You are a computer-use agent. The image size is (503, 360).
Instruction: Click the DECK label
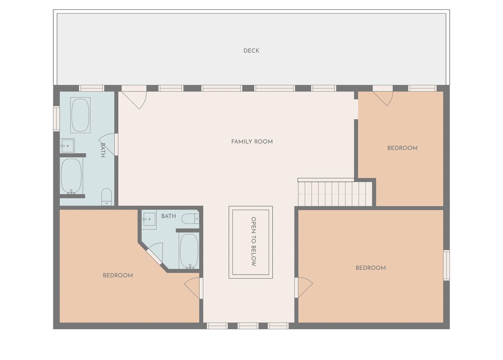point(251,51)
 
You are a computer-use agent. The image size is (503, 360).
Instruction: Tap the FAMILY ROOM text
point(252,142)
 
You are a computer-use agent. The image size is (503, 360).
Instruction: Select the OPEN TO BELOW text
point(254,241)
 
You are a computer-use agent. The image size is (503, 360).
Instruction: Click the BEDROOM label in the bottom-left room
point(118,275)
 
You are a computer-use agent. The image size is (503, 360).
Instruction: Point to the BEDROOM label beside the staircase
point(402,148)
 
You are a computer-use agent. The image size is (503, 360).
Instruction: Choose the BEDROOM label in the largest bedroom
point(371,268)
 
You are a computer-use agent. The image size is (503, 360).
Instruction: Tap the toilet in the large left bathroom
point(107,197)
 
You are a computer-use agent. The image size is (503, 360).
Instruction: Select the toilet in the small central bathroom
point(190,219)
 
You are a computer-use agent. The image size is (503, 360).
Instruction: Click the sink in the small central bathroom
point(149,219)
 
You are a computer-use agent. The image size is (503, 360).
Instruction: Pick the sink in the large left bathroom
point(67,146)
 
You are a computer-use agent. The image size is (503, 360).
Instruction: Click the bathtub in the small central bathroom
point(189,251)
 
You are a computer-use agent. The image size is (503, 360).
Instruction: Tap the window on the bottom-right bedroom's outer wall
point(446,265)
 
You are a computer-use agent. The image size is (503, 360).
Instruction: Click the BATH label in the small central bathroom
point(169,216)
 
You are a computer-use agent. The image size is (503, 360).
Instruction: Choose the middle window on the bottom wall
point(248,326)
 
